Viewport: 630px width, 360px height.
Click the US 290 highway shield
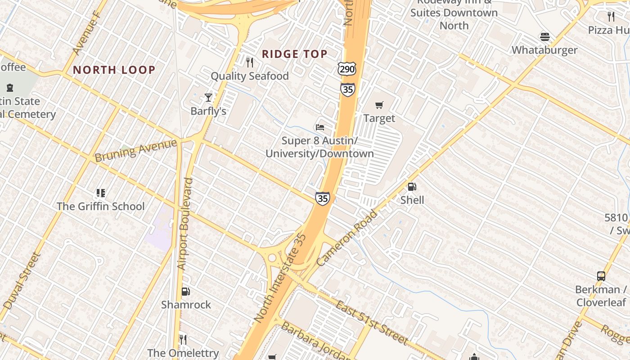pyautogui.click(x=346, y=69)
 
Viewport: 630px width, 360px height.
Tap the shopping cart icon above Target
pyautogui.click(x=379, y=105)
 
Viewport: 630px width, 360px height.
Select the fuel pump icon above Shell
pyautogui.click(x=412, y=187)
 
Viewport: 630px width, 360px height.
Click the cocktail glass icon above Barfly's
pyautogui.click(x=208, y=97)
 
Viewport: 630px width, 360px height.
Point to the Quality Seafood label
pyautogui.click(x=250, y=76)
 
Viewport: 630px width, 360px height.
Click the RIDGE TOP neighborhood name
pyautogui.click(x=295, y=54)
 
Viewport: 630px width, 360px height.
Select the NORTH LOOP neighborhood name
pyautogui.click(x=114, y=70)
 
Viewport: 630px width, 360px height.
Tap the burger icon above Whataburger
pyautogui.click(x=545, y=37)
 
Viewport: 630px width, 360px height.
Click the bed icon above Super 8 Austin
pyautogui.click(x=320, y=127)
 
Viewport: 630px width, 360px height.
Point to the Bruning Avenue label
pyautogui.click(x=136, y=150)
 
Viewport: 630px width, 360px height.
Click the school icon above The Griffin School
pyautogui.click(x=100, y=193)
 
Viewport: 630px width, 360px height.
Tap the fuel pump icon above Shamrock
pyautogui.click(x=185, y=292)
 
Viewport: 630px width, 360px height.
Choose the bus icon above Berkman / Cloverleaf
pyautogui.click(x=601, y=276)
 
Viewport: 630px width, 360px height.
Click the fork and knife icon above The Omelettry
pyautogui.click(x=183, y=339)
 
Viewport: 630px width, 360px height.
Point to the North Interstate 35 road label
pyautogui.click(x=280, y=278)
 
